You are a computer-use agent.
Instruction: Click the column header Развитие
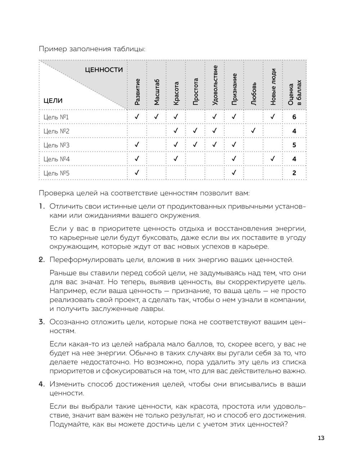(137, 92)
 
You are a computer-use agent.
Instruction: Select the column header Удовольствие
(215, 85)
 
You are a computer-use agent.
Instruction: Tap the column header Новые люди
(273, 87)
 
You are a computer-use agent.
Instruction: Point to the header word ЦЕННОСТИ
(104, 70)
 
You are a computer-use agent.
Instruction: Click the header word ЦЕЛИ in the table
(53, 101)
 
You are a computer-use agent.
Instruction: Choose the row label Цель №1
(56, 117)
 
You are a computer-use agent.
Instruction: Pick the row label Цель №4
(56, 159)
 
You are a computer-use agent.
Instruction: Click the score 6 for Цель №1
(294, 117)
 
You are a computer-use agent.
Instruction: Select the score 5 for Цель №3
(294, 145)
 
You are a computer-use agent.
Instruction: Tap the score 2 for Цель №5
(294, 173)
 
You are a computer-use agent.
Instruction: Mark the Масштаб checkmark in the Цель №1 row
(156, 117)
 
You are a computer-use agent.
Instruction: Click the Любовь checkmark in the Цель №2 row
(253, 131)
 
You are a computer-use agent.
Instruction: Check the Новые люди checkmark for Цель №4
(273, 159)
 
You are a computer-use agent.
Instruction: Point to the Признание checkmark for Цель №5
(234, 173)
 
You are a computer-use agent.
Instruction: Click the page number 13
(321, 438)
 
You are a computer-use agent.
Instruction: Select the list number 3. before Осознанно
(42, 322)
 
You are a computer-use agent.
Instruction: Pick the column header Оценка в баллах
(294, 92)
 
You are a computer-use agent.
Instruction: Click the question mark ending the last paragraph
(285, 425)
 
